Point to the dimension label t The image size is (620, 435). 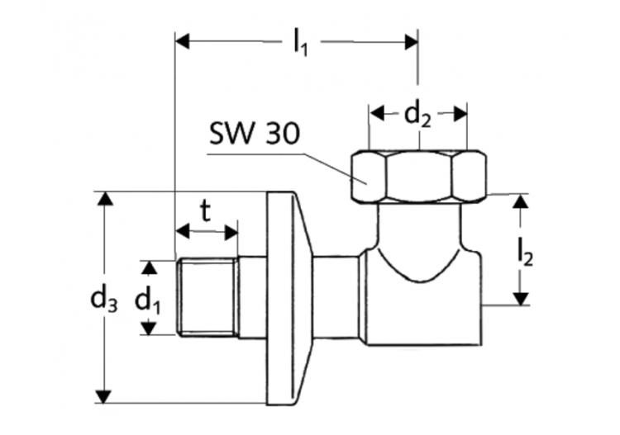point(205,210)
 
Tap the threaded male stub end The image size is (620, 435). point(207,298)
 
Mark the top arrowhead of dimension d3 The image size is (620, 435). point(103,200)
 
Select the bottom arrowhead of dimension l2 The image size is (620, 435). point(518,298)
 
